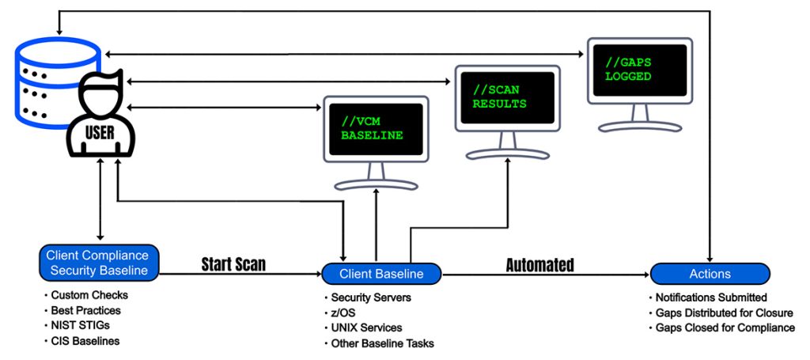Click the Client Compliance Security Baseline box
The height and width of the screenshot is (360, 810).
coord(98,263)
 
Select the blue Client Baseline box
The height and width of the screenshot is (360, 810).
coord(380,274)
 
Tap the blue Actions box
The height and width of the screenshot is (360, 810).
coord(710,274)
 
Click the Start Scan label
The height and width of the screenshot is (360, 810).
coord(233,263)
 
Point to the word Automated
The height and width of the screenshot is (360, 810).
coord(540,264)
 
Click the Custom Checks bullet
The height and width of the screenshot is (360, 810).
coord(90,295)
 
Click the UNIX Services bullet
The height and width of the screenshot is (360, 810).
coord(366,328)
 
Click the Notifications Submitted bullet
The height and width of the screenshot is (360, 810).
coord(711,297)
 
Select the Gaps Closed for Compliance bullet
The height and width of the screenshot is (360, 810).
coord(724,328)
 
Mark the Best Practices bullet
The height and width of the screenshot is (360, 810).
coord(88,310)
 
